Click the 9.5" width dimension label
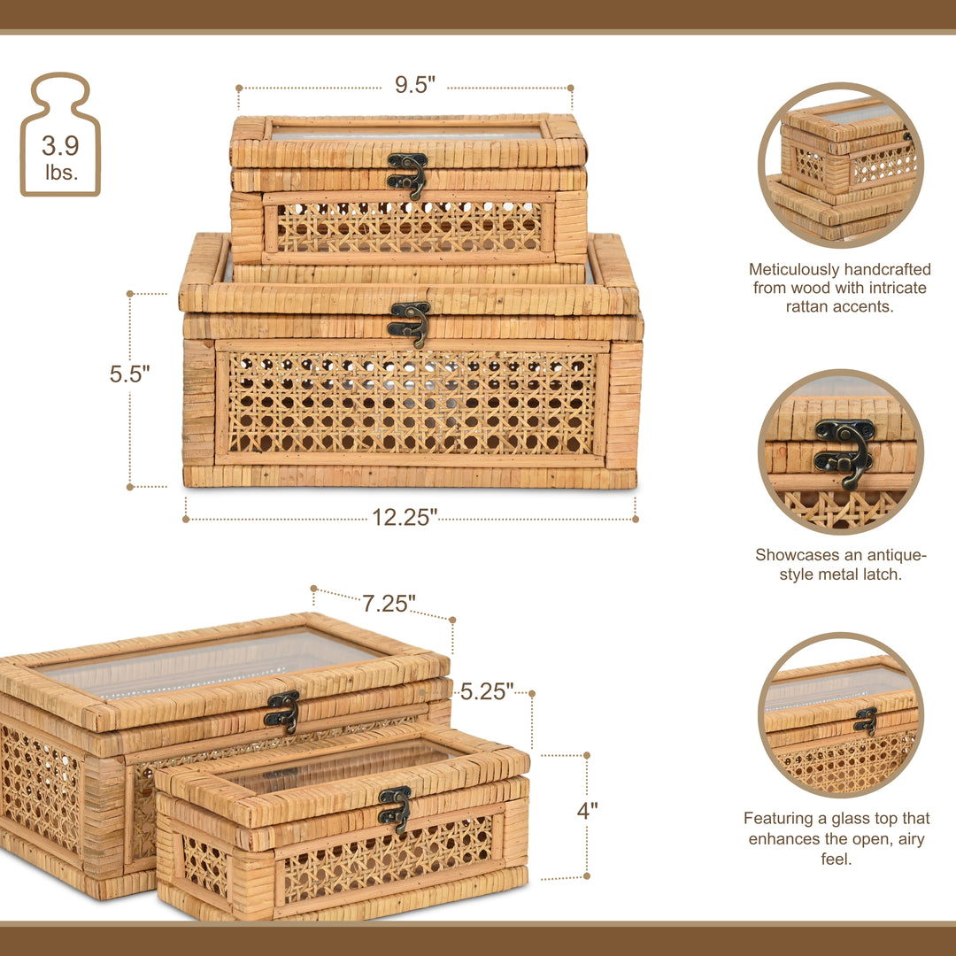point(415,85)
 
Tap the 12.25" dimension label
point(405,518)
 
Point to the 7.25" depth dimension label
point(389,604)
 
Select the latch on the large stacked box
point(410,322)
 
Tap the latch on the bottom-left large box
point(282,711)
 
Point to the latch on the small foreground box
point(395,807)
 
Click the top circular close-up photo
point(840,166)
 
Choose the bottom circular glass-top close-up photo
point(840,714)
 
